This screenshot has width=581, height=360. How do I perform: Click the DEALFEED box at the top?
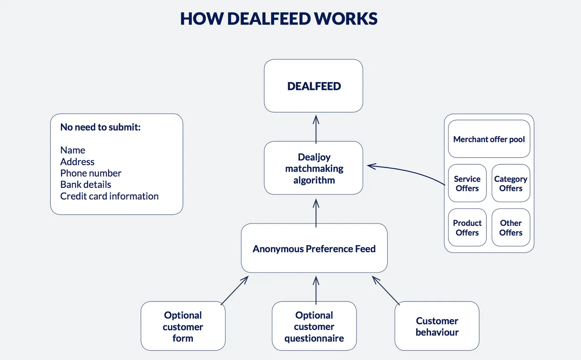[x=313, y=86]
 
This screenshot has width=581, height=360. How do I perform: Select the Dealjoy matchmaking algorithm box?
[x=313, y=168]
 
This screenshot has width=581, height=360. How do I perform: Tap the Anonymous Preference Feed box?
[x=314, y=248]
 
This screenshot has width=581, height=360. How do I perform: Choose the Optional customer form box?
[x=183, y=326]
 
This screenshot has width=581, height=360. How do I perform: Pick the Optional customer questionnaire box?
[x=314, y=326]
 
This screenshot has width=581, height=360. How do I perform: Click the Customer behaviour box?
[x=437, y=326]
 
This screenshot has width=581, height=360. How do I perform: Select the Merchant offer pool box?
[x=489, y=139]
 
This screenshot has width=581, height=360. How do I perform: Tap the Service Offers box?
[x=467, y=183]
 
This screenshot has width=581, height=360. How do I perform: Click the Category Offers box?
[x=511, y=183]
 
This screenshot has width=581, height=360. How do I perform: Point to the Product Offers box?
[x=467, y=227]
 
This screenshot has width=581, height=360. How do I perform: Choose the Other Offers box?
[x=511, y=227]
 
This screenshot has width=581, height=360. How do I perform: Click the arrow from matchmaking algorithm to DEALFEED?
[x=316, y=129]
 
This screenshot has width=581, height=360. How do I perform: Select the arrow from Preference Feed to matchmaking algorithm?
[x=316, y=213]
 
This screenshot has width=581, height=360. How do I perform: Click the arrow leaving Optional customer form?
[x=235, y=290]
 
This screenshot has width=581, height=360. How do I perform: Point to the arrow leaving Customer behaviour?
[x=386, y=290]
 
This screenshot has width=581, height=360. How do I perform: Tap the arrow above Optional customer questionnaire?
[x=316, y=290]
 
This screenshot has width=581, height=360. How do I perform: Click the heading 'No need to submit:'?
[x=100, y=127]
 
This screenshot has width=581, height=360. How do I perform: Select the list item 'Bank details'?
[x=86, y=184]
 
